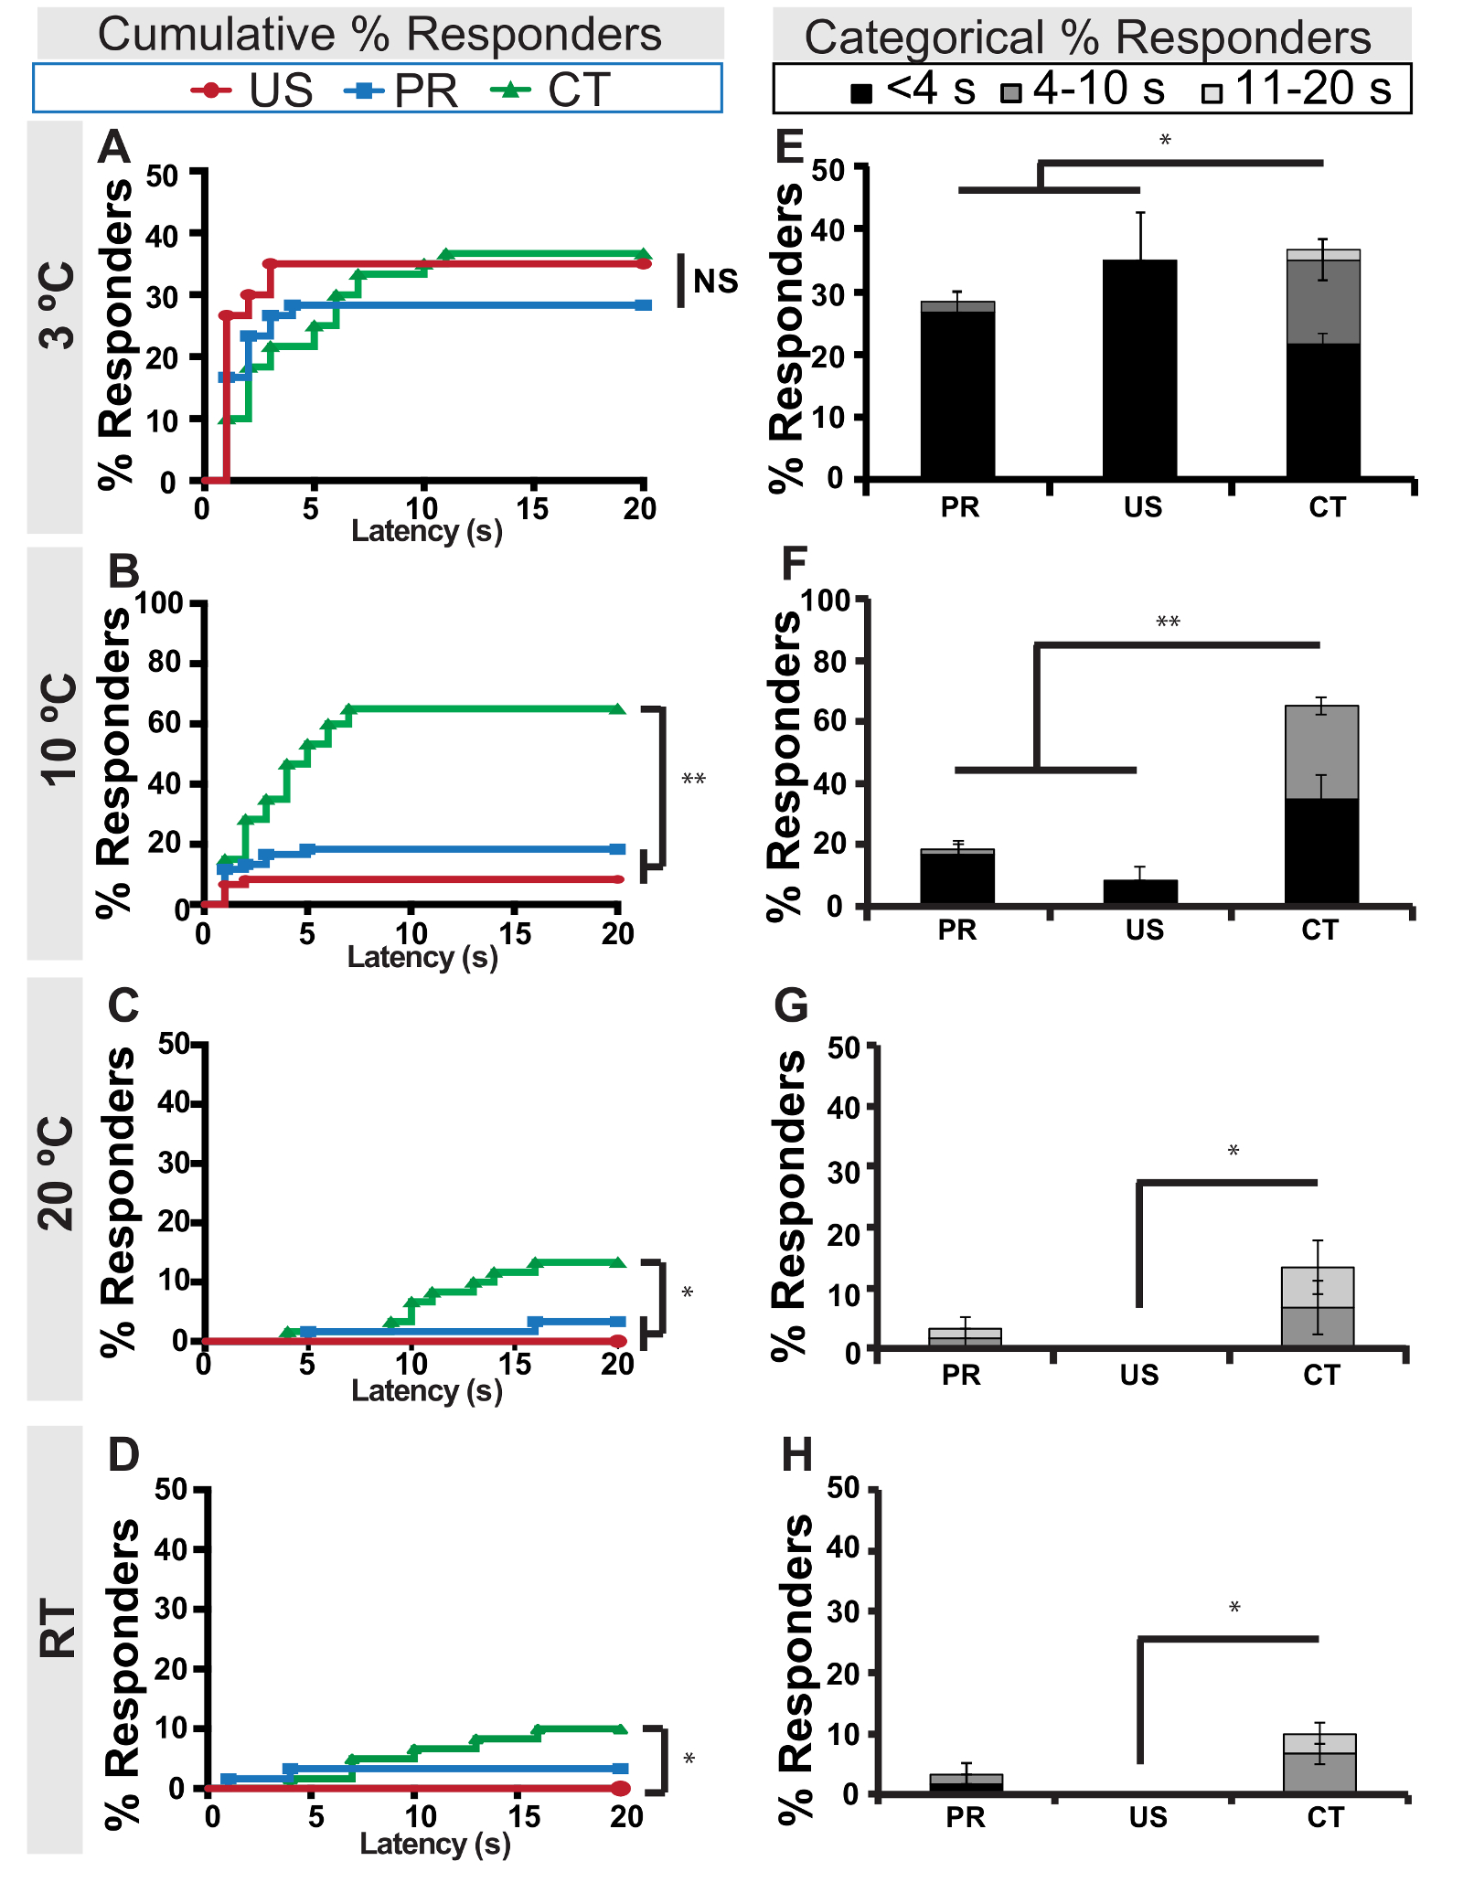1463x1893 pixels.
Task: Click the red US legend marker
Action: pos(211,90)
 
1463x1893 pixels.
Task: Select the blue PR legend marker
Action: pos(364,90)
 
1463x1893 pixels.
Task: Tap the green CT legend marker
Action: pos(511,90)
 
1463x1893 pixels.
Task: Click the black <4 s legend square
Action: pos(861,92)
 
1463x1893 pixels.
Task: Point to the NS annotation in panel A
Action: pos(715,281)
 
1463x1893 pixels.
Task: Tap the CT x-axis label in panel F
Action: pos(1319,930)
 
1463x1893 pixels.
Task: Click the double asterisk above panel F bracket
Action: pos(1168,623)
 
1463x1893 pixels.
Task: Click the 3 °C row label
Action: pos(56,306)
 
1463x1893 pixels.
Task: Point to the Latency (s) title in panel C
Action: pos(426,1390)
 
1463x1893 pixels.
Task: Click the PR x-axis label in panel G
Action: pos(961,1375)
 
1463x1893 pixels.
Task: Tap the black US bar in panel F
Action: pos(1140,891)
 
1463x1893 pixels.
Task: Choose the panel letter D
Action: pos(123,1454)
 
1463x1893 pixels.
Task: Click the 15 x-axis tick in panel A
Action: pos(532,508)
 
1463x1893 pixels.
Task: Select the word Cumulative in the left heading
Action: pos(217,35)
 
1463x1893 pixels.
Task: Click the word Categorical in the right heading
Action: pos(924,38)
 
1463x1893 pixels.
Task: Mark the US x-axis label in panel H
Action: pos(1148,1818)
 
